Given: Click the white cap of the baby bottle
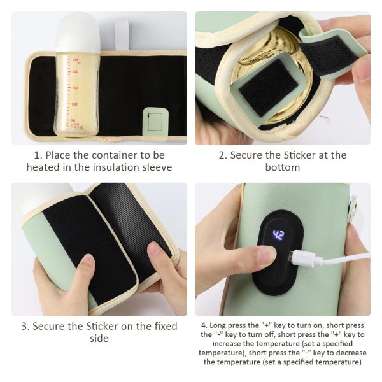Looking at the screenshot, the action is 78,32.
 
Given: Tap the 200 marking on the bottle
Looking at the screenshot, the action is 75,71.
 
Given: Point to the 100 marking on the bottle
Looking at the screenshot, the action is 74,104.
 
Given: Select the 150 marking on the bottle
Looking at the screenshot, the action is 74,88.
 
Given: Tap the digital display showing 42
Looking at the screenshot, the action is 278,235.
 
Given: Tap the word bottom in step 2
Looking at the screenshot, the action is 282,167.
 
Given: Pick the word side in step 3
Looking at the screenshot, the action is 99,338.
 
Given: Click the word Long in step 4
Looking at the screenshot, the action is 218,325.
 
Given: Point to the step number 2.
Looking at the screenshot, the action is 223,155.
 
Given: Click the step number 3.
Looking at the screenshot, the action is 25,326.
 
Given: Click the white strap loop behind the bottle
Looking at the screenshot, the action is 122,34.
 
